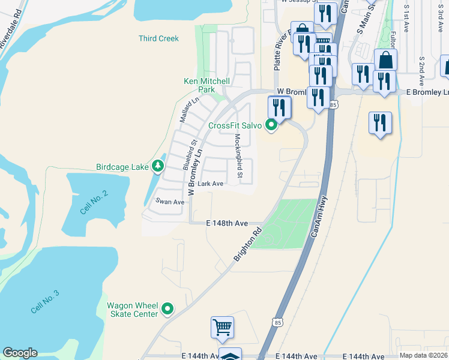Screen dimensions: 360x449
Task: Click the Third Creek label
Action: (158, 38)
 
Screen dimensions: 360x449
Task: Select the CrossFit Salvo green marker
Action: (271, 125)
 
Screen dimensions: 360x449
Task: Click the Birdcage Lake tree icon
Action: (158, 165)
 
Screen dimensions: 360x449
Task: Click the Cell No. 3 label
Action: (46, 301)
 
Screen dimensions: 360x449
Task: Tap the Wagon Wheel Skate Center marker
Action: (168, 309)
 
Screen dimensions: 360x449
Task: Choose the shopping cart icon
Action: (222, 327)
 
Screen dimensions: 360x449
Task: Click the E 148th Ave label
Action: (228, 223)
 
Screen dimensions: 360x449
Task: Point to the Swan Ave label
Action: (170, 202)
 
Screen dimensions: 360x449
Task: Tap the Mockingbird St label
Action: (238, 157)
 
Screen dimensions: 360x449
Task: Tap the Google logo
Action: (20, 353)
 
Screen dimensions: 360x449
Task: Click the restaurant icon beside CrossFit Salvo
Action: (279, 107)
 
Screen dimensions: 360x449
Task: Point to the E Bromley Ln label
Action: (427, 92)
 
